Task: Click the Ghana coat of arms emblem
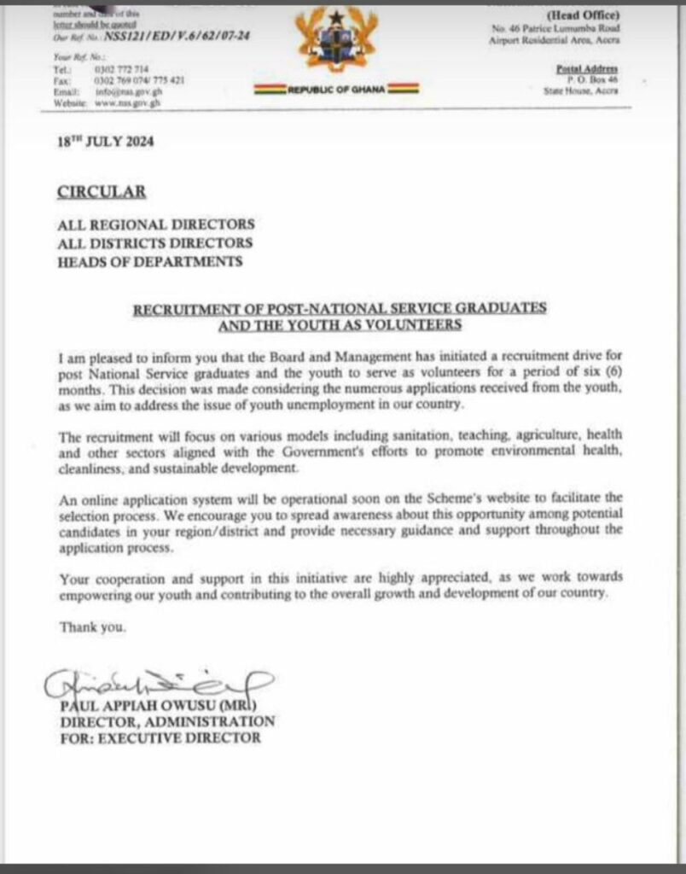(337, 41)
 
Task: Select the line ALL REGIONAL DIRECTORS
(156, 224)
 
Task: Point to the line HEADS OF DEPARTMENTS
(149, 261)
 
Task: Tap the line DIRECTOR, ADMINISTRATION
(167, 722)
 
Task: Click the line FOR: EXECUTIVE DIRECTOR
(160, 737)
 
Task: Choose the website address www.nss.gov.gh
(128, 102)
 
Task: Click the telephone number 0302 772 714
(121, 69)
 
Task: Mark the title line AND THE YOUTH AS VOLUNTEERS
(340, 324)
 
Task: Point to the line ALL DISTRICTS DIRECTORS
(155, 243)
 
